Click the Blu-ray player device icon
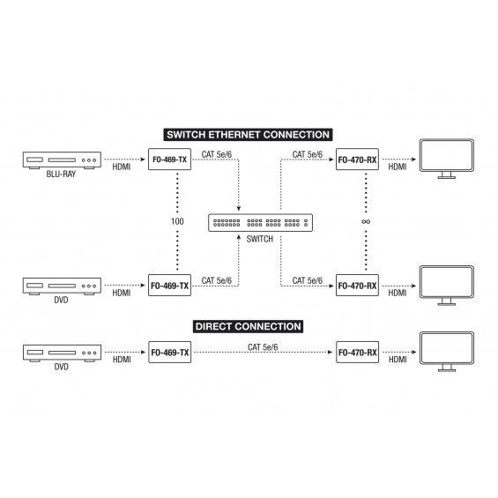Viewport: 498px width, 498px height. point(62,160)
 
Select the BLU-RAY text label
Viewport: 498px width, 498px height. point(61,174)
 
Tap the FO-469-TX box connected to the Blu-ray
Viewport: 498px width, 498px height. point(169,160)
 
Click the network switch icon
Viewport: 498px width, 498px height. point(260,223)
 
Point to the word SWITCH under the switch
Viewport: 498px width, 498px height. point(260,239)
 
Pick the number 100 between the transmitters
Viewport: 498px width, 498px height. point(177,221)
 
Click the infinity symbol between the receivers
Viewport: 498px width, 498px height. point(366,222)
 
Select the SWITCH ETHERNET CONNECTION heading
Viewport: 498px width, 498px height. point(248,135)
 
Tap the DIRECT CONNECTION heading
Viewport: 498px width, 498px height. point(248,326)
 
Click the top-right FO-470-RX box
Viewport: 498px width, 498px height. point(357,160)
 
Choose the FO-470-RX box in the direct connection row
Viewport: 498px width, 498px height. point(358,353)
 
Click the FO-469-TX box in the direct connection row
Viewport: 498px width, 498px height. point(170,353)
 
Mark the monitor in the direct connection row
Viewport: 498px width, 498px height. point(447,352)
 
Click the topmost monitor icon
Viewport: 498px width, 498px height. point(447,159)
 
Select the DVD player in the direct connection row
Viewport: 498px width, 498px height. point(62,353)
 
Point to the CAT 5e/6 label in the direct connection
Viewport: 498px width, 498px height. point(263,347)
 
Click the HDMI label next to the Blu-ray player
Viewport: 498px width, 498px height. point(122,167)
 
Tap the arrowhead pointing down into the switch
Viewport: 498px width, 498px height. point(239,208)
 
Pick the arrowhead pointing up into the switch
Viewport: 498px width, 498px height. point(239,236)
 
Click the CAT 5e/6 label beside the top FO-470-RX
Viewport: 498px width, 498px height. point(307,154)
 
